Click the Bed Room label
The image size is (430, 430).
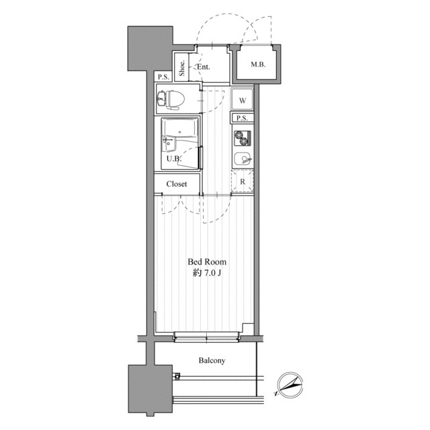[207, 262]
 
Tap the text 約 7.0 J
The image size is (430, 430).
[207, 273]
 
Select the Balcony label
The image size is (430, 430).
[212, 360]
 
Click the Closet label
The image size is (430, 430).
[177, 183]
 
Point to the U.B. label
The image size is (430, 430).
[173, 159]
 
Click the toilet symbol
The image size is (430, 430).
[170, 99]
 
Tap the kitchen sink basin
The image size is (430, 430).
[243, 159]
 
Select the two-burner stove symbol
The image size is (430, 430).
[243, 138]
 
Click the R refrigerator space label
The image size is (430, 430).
[243, 181]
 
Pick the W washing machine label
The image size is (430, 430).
[243, 101]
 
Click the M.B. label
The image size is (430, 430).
[258, 64]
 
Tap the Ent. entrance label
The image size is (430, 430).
[204, 67]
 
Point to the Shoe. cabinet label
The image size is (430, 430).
[181, 69]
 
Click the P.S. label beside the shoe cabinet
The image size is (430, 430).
[164, 77]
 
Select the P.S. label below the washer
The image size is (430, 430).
[242, 118]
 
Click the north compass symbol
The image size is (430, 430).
[290, 385]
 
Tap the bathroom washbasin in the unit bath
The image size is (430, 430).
[169, 143]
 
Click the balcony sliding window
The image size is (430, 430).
[206, 337]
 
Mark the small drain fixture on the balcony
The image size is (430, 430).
[177, 376]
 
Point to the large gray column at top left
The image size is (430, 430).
[150, 48]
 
